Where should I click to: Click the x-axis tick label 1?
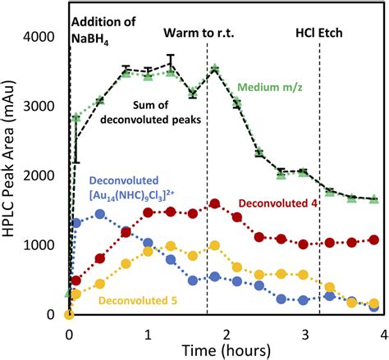click(x=148, y=332)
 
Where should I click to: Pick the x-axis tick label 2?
click(x=227, y=332)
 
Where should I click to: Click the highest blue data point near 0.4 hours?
click(x=100, y=214)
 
